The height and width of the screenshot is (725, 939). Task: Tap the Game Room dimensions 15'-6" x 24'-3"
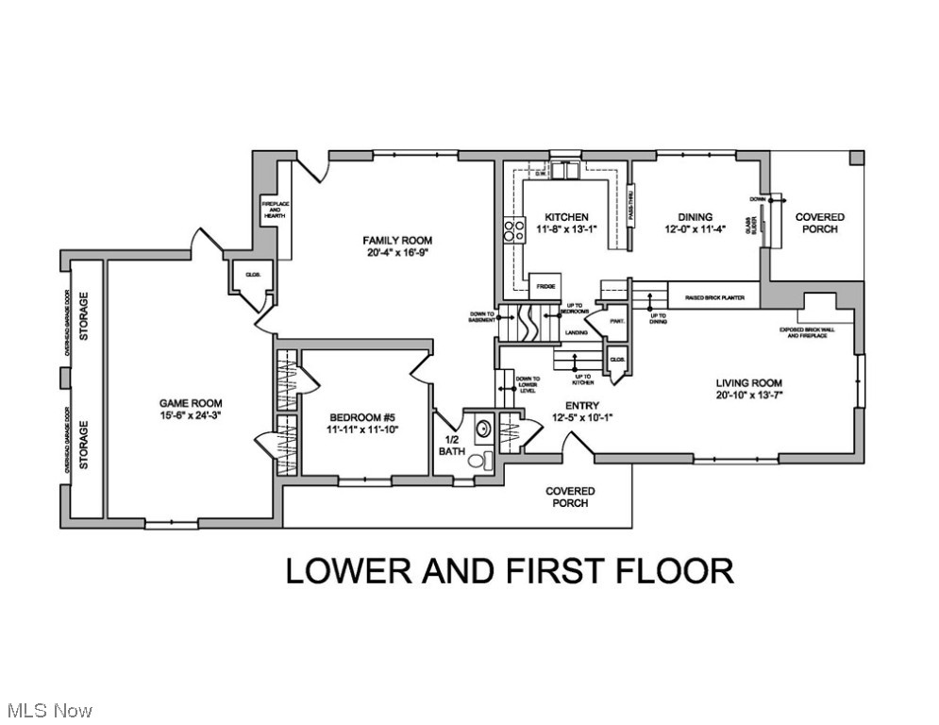pos(191,414)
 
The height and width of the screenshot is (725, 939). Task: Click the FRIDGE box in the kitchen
pos(545,285)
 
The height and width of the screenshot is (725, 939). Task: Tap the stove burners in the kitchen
pos(514,231)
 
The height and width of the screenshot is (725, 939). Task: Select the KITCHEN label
pos(566,217)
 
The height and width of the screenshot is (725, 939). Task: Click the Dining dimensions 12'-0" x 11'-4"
pos(694,228)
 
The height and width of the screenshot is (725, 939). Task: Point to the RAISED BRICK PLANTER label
pos(715,295)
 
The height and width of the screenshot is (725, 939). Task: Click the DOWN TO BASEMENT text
pos(481,317)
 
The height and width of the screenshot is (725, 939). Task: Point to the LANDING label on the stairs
pos(577,332)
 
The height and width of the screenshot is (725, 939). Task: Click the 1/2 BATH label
pos(451,445)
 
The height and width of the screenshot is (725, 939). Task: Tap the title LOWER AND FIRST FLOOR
pos(509,571)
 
